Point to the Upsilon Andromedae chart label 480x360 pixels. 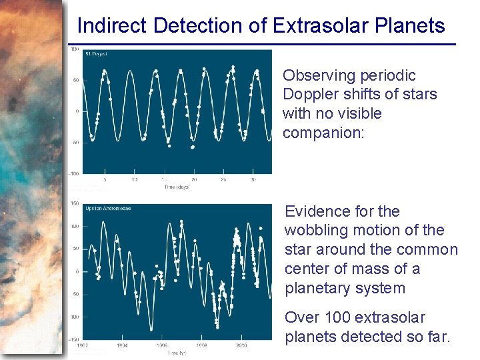click(x=108, y=209)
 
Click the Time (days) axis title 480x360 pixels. click(x=177, y=187)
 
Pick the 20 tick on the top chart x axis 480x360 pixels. click(x=193, y=179)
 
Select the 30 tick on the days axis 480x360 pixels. click(x=253, y=179)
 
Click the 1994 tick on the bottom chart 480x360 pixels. click(x=123, y=346)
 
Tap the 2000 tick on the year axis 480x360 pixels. click(x=241, y=346)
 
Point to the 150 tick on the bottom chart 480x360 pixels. click(x=75, y=203)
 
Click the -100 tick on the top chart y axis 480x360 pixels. click(x=74, y=173)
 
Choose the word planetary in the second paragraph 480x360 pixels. click(x=316, y=288)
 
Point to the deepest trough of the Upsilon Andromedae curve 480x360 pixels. click(x=151, y=330)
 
